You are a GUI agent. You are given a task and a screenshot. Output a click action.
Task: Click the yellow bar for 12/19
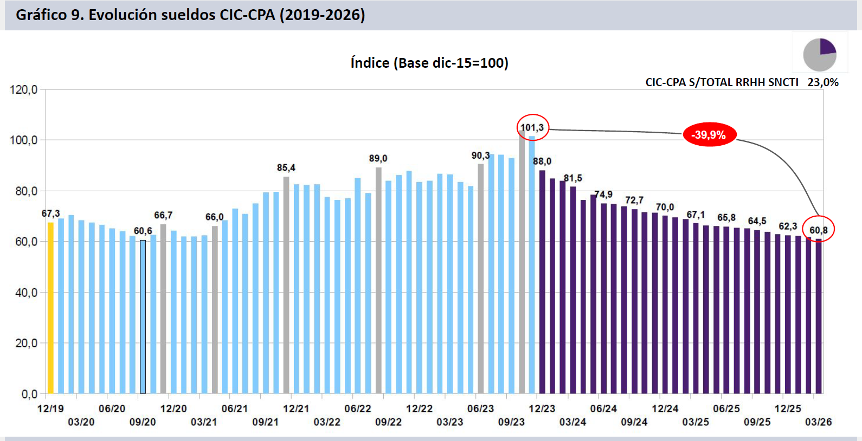[x=50, y=308]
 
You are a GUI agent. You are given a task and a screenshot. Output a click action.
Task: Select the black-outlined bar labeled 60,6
[x=143, y=317]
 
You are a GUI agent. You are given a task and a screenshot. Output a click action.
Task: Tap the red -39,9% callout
[x=709, y=135]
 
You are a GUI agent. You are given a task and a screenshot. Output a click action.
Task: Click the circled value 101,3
[x=532, y=128]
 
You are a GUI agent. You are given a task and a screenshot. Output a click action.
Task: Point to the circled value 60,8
[x=818, y=230]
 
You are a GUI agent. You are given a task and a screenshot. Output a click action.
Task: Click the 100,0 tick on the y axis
[x=24, y=140]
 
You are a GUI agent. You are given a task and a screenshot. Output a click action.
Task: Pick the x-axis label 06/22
[x=358, y=408]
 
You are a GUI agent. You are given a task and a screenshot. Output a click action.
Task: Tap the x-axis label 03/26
[x=818, y=422]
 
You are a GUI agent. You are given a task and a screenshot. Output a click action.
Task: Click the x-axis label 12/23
[x=542, y=408]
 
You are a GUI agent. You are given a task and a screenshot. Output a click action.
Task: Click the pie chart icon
[x=820, y=54]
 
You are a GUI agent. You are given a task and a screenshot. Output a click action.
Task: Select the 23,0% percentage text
[x=822, y=82]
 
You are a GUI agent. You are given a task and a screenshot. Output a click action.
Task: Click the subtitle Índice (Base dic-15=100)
[x=429, y=63]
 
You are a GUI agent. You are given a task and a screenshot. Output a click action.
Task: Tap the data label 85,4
[x=286, y=168]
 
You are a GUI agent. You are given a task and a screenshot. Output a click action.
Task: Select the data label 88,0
[x=542, y=161]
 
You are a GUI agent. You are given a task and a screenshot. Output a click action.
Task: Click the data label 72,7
[x=634, y=200]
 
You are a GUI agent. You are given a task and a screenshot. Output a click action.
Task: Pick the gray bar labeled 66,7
[x=163, y=309]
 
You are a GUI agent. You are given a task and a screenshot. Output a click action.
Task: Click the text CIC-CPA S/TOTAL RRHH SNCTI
[x=722, y=82]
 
